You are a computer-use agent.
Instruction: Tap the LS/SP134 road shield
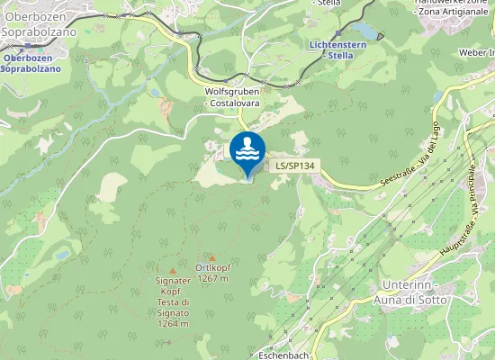click(x=293, y=166)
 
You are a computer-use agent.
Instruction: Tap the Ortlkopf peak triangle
click(x=212, y=256)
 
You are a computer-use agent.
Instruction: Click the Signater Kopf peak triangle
click(x=172, y=270)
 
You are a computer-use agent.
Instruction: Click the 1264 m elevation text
click(x=172, y=323)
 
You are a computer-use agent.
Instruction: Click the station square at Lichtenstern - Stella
click(x=337, y=35)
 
